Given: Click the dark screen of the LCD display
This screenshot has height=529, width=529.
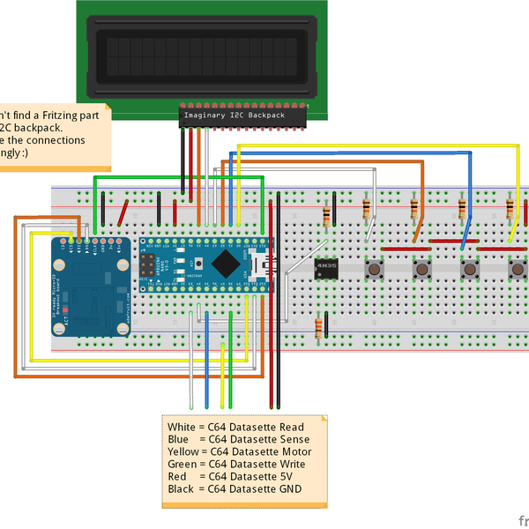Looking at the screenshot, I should pos(203,54).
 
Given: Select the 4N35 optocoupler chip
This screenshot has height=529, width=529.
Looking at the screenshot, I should pos(326,266).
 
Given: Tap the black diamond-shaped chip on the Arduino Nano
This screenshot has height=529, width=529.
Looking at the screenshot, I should pos(225,263).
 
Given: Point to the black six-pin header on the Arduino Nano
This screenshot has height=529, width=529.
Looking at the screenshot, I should pos(147,263).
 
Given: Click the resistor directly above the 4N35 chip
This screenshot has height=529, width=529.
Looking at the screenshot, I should pos(328,216).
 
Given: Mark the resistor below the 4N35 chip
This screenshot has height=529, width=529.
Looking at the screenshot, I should pos(317,328).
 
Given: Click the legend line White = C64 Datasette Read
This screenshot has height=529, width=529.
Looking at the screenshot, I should pos(235,428).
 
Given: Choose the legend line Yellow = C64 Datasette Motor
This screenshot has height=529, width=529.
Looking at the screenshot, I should pos(238,451).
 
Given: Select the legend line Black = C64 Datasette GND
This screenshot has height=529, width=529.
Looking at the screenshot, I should pos(234,488).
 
